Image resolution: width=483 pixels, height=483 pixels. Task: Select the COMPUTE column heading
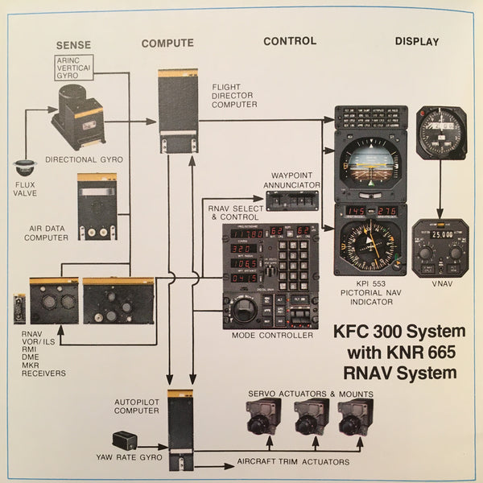(x=167, y=43)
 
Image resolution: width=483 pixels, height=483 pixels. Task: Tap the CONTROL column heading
(x=290, y=41)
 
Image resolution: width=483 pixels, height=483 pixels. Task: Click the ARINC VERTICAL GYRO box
(x=76, y=68)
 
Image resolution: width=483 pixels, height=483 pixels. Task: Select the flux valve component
(x=25, y=170)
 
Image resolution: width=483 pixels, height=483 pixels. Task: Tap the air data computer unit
(x=97, y=207)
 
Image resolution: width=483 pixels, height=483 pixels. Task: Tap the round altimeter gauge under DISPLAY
(x=441, y=132)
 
